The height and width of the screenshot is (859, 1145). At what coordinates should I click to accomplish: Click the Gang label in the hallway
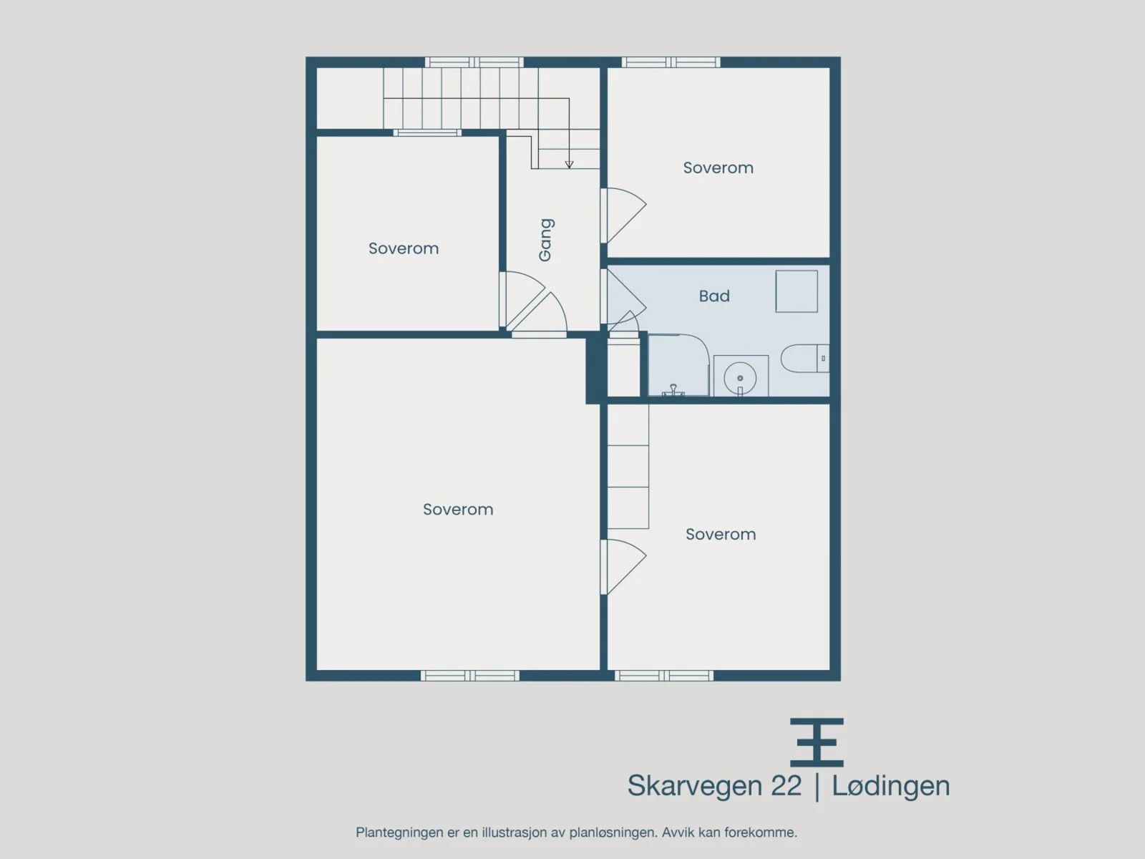tap(545, 240)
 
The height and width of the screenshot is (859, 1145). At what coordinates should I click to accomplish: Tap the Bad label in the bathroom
tap(714, 296)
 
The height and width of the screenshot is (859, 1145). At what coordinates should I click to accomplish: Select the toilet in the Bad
tap(805, 359)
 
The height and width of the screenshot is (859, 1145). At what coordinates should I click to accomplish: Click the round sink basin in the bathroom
tap(740, 378)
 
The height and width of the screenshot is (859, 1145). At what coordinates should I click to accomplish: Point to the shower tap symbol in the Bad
tap(673, 390)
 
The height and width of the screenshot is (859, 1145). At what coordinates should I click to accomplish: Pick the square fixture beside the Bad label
tap(796, 291)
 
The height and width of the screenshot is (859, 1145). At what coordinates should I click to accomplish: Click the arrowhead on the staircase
tap(569, 165)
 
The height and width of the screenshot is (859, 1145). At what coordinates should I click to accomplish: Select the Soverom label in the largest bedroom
tap(458, 510)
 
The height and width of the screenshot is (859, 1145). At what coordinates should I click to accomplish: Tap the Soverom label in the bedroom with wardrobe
tap(721, 534)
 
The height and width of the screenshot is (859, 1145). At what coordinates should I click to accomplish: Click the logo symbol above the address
tap(817, 743)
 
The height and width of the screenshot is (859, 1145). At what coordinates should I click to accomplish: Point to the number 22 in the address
tap(786, 786)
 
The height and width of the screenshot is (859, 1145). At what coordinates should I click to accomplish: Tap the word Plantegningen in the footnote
tap(399, 833)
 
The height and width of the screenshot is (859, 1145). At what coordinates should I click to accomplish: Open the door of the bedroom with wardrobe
tap(623, 567)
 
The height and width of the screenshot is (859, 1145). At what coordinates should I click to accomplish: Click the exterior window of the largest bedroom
tap(470, 676)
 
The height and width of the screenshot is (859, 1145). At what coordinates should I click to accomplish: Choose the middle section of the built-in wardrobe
tap(628, 466)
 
